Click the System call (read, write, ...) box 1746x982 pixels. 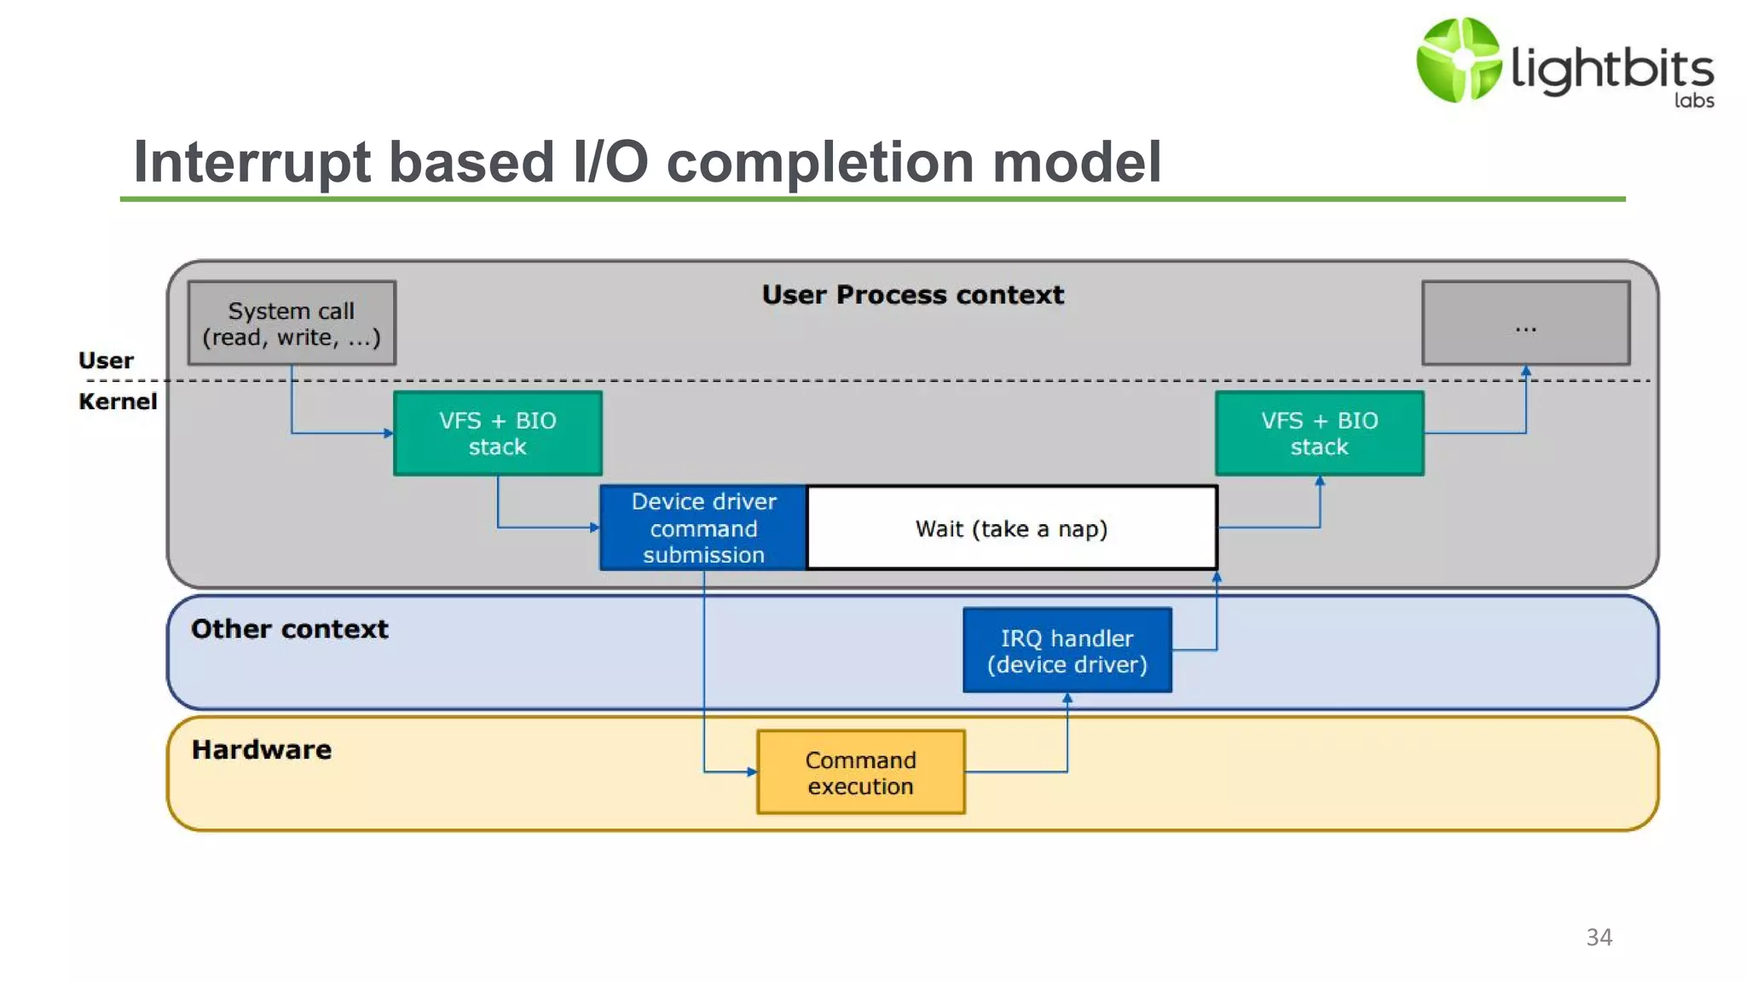click(292, 323)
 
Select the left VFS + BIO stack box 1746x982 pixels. click(498, 433)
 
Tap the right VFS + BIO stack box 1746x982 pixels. click(1319, 433)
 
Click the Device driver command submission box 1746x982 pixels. click(703, 528)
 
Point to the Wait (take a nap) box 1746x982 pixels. click(1011, 528)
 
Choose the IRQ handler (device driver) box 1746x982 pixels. click(1067, 650)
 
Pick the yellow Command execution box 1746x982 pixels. click(860, 772)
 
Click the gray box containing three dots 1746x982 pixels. click(1525, 323)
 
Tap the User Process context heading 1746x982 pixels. click(912, 295)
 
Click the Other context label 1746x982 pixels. click(289, 629)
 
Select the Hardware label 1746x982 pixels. click(261, 750)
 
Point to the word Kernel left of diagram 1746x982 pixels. click(118, 401)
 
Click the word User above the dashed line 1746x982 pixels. click(106, 361)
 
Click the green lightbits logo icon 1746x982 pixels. click(1458, 60)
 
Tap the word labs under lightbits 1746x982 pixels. click(1693, 101)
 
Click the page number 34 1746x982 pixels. click(1599, 937)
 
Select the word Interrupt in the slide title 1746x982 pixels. click(252, 162)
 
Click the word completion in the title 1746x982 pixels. click(819, 162)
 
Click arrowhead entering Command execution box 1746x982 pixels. click(752, 772)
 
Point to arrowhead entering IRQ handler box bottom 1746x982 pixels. click(1067, 698)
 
